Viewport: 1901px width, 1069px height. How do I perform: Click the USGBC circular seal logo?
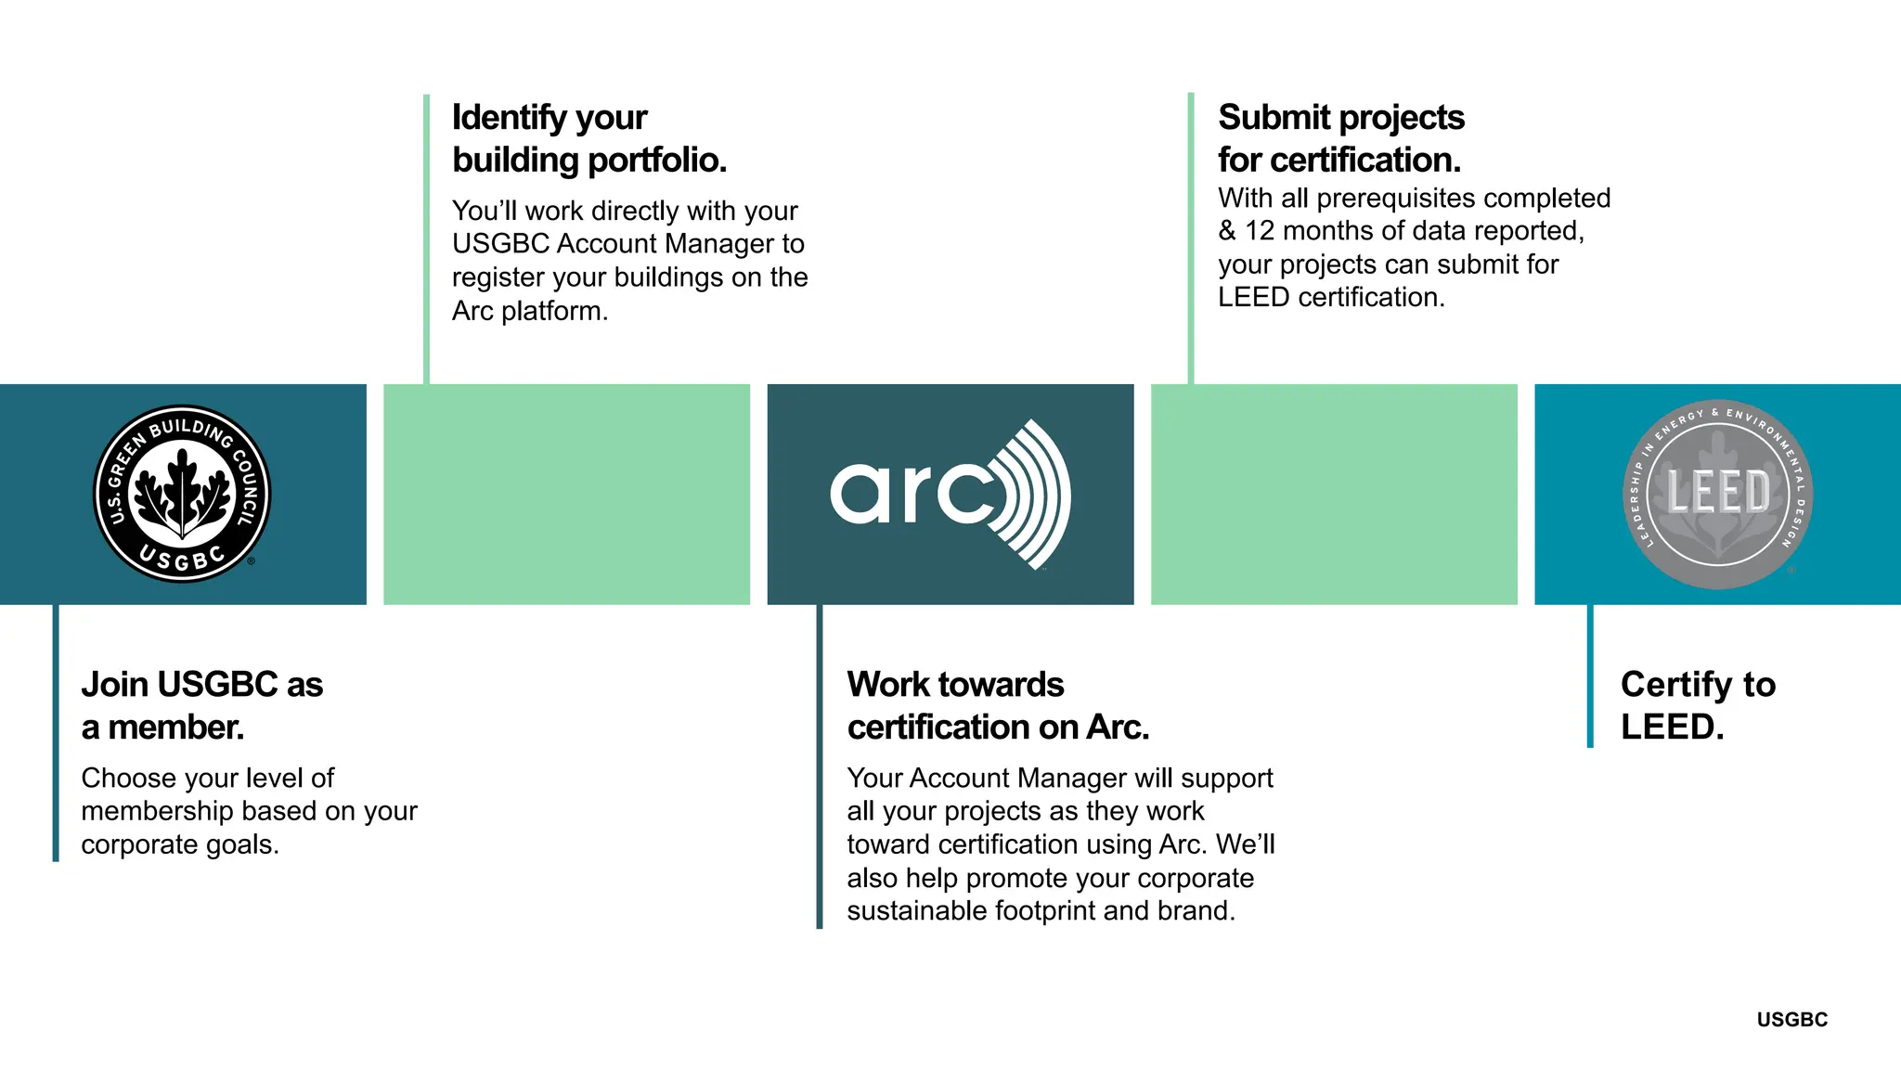point(183,494)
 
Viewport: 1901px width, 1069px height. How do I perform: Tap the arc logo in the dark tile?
point(950,494)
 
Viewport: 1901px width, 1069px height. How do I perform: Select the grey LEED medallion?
point(1717,494)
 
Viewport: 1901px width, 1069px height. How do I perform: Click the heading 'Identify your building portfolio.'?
point(588,138)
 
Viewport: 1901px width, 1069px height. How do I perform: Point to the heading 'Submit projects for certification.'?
point(1340,138)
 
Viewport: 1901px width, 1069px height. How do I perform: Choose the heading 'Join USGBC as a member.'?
point(201,705)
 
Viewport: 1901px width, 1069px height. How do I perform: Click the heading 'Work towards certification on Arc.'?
point(998,705)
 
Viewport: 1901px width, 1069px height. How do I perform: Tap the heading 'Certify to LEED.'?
point(1697,705)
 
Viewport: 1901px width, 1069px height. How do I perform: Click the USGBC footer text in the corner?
point(1791,1020)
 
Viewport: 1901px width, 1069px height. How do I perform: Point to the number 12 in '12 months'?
point(1260,231)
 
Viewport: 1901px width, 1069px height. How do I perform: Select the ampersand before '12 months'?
point(1227,231)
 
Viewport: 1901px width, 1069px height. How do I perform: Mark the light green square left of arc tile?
point(566,494)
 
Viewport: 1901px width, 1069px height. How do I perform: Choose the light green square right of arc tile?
point(1334,494)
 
